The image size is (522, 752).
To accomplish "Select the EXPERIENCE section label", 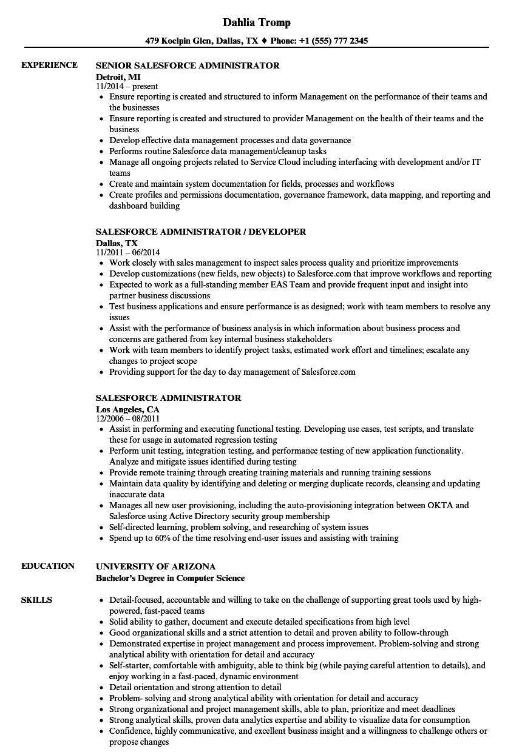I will [x=49, y=65].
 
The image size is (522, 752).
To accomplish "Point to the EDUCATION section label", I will [x=48, y=566].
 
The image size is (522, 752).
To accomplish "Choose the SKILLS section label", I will [x=36, y=600].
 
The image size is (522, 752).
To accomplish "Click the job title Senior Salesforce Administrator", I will [x=188, y=65].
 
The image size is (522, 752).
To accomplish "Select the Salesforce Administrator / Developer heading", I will [x=201, y=232].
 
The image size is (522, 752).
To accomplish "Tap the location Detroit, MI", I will [x=118, y=76].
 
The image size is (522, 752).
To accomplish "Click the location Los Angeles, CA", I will [x=127, y=409].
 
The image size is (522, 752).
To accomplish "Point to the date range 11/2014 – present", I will [x=127, y=87].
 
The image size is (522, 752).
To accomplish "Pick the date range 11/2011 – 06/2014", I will [x=128, y=252].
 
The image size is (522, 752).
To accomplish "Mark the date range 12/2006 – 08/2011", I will [x=127, y=418].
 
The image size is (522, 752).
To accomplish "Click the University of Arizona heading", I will [x=155, y=566].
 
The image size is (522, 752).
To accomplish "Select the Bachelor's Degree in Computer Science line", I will [x=170, y=578].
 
